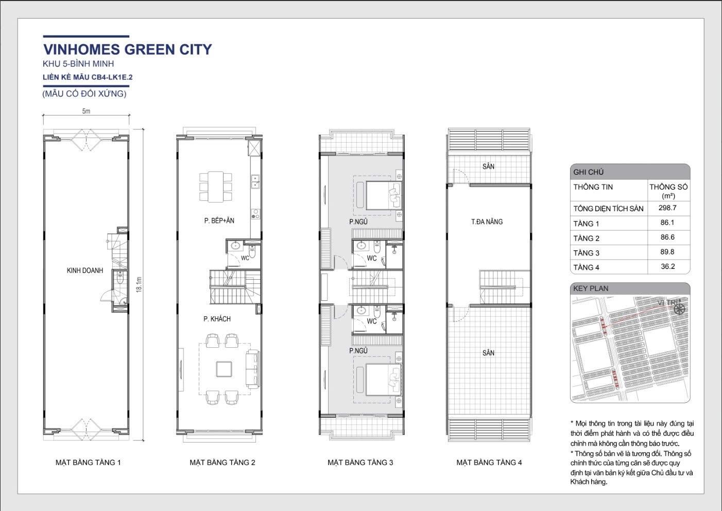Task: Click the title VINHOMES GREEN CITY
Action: click(128, 49)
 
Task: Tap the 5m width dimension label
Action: click(86, 111)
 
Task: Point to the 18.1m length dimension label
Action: click(139, 285)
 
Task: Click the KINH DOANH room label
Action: click(85, 270)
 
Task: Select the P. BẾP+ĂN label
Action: click(219, 220)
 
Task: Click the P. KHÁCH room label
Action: click(217, 319)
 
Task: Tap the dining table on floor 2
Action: click(216, 186)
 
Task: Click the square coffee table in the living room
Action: click(224, 369)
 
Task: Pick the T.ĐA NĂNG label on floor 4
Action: click(487, 222)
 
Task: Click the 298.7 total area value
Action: click(667, 208)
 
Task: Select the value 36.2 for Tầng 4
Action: click(667, 266)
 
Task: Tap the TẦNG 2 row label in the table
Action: click(586, 239)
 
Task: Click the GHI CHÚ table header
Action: click(588, 172)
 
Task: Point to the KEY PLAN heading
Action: click(591, 288)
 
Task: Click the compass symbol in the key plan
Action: click(679, 309)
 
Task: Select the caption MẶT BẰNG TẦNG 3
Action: click(360, 463)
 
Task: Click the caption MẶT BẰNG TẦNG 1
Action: click(88, 463)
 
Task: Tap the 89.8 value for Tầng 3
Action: click(667, 251)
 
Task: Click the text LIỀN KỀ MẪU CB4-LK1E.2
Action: click(88, 77)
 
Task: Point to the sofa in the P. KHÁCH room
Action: click(253, 369)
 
